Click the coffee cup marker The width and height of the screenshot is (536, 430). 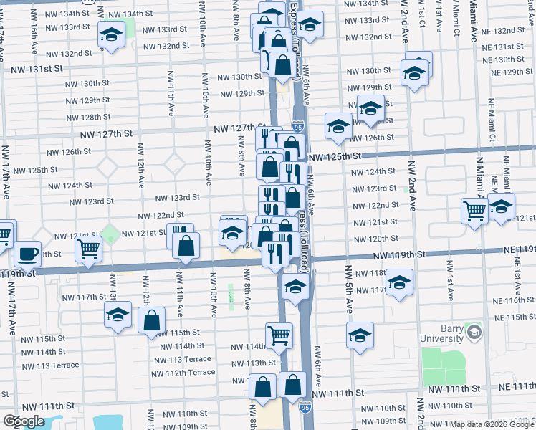(x=28, y=253)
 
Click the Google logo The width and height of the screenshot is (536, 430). (x=24, y=421)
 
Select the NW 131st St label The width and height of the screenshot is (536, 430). (x=37, y=69)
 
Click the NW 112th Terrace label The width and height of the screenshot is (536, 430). (x=183, y=373)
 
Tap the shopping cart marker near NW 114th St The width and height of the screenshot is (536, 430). (x=279, y=334)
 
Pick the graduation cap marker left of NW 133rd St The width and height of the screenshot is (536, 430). (x=111, y=34)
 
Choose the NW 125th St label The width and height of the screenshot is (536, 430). (x=332, y=156)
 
